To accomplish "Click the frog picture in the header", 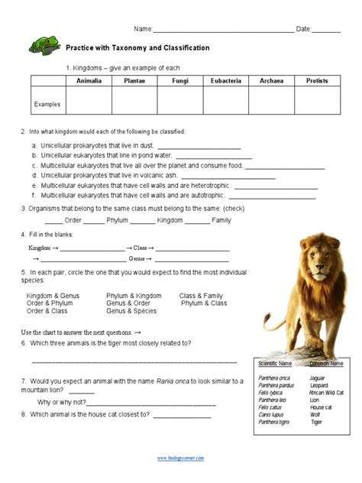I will (x=44, y=46).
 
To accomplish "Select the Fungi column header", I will (x=180, y=80).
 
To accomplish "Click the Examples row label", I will (x=48, y=102).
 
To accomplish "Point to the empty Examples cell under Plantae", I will (x=134, y=102).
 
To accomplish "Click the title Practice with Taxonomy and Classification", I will (x=137, y=48).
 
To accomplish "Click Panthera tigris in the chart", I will (x=273, y=422).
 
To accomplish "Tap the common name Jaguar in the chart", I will (x=319, y=378).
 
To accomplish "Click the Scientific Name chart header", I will (x=275, y=363).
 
